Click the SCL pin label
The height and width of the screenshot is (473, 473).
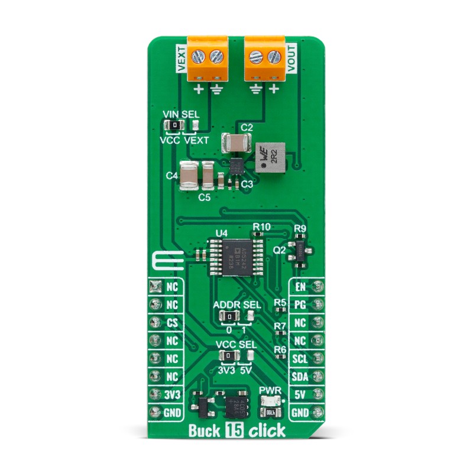point(299,358)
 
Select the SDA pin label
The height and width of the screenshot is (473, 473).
point(299,376)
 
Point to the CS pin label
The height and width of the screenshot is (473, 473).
point(172,323)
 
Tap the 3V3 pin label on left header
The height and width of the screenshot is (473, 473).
point(172,394)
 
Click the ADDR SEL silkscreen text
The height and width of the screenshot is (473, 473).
point(237,304)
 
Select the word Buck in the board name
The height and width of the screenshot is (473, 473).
point(203,430)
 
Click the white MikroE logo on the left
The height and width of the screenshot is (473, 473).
point(167,260)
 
